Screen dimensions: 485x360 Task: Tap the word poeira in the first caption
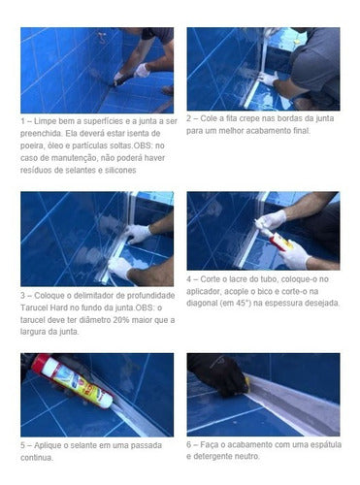pos(34,145)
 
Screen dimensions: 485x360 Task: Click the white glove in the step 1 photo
pos(143,70)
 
